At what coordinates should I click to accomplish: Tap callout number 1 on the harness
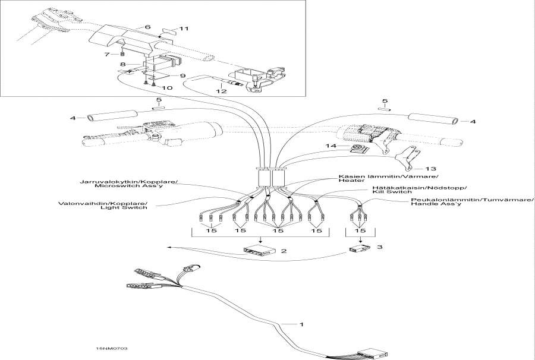coord(301,324)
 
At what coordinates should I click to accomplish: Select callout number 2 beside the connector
coord(284,251)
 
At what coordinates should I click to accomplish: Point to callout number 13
coord(431,168)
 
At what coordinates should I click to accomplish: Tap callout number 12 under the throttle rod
coord(221,91)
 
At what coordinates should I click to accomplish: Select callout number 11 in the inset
coord(184,29)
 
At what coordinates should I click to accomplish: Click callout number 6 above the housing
coord(147,27)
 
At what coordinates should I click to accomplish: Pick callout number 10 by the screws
coord(167,87)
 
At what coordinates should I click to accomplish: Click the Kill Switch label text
coord(392,192)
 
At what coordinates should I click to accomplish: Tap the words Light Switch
coord(124,207)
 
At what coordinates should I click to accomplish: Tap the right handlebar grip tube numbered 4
coord(433,119)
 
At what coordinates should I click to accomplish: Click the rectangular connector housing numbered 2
coord(259,251)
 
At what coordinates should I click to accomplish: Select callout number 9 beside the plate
coord(182,75)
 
